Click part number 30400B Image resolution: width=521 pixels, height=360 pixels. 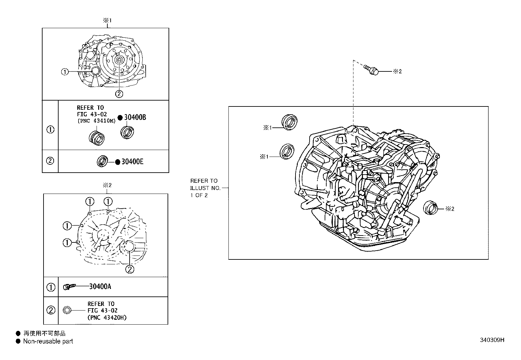tap(135, 118)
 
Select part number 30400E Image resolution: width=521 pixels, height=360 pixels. tap(132, 161)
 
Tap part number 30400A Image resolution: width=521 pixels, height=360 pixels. tap(100, 287)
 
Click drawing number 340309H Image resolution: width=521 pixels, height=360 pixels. tap(492, 340)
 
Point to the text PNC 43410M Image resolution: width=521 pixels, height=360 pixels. tap(97, 121)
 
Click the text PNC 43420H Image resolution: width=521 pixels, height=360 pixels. tap(107, 317)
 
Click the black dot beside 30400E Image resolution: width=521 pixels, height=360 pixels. tap(117, 162)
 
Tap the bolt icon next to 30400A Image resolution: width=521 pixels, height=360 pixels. tap(69, 287)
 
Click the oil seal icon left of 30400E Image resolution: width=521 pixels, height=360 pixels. tap(102, 161)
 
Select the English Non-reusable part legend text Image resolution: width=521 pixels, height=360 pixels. tap(48, 341)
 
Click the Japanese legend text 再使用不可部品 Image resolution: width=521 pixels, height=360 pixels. tap(44, 333)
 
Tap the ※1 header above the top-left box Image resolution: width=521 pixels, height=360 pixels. tap(108, 20)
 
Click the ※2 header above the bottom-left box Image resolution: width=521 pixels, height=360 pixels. tap(107, 185)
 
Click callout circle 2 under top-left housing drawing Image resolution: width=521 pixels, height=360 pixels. tap(119, 94)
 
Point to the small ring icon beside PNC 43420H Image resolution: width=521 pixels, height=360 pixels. tap(67, 310)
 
